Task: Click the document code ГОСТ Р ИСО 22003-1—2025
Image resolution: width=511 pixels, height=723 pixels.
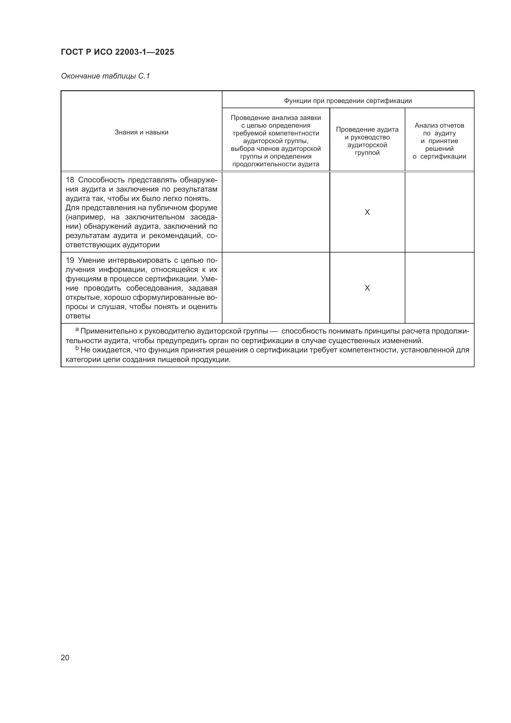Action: point(117,52)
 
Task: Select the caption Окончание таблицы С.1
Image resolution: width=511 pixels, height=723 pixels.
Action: point(105,76)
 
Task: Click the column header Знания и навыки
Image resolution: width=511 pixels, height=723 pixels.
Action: point(141,132)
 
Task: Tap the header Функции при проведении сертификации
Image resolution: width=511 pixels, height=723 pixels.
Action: point(348,101)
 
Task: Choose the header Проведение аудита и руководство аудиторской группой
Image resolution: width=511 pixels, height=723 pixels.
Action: point(367,141)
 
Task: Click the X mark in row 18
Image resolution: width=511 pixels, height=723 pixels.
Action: point(367,213)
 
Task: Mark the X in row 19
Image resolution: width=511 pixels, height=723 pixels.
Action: point(367,288)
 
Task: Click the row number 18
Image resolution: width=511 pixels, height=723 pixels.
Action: point(70,180)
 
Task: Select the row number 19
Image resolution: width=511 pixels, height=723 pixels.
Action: point(70,260)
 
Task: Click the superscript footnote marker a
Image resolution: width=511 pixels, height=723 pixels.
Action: point(77,330)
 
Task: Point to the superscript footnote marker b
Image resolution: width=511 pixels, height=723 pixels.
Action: point(77,348)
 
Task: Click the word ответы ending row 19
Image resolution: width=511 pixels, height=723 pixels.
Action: point(78,316)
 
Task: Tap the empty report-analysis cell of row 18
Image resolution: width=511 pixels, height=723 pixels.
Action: point(439,213)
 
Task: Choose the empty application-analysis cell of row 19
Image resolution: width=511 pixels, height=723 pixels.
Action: point(276,288)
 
